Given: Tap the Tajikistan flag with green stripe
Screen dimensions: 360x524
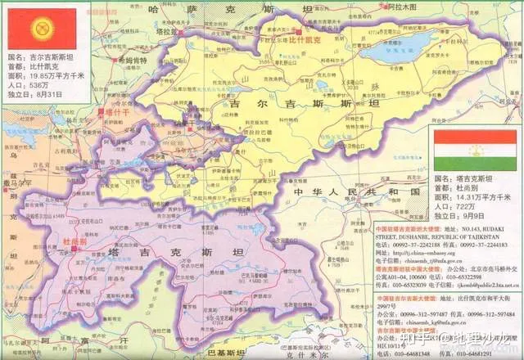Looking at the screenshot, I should (x=475, y=150).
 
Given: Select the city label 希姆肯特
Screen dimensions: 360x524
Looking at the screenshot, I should (x=130, y=61).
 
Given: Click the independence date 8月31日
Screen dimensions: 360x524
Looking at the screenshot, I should (x=48, y=95).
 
